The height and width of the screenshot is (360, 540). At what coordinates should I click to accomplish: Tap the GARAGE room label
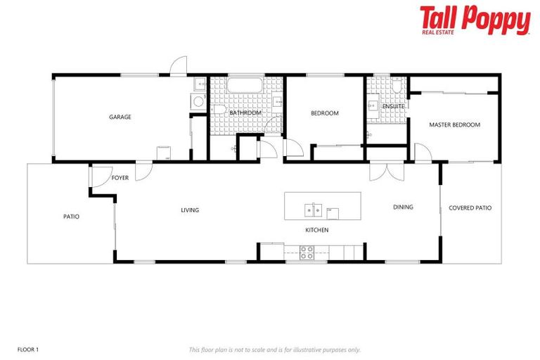click(x=120, y=117)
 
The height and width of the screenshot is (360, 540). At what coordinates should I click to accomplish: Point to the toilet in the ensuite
click(x=397, y=87)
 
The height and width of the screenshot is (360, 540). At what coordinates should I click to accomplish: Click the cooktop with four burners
click(x=307, y=252)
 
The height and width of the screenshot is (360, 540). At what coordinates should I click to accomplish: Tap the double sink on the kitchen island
click(x=313, y=210)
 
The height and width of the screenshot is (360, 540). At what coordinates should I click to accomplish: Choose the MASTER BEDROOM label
click(x=454, y=124)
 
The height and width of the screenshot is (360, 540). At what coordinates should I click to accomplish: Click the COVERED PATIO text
click(x=470, y=208)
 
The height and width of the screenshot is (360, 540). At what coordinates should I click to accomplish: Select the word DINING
click(x=403, y=207)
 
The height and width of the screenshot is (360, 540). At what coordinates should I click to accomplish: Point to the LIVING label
click(x=190, y=210)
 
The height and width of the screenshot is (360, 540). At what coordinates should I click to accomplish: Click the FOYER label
click(x=120, y=178)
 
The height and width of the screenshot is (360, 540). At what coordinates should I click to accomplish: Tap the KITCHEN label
click(x=316, y=230)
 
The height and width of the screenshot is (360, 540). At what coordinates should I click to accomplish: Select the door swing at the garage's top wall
click(x=179, y=65)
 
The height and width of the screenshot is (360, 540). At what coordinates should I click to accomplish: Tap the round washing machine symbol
click(x=198, y=102)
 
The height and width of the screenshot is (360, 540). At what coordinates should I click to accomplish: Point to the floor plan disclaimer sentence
click(x=274, y=349)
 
